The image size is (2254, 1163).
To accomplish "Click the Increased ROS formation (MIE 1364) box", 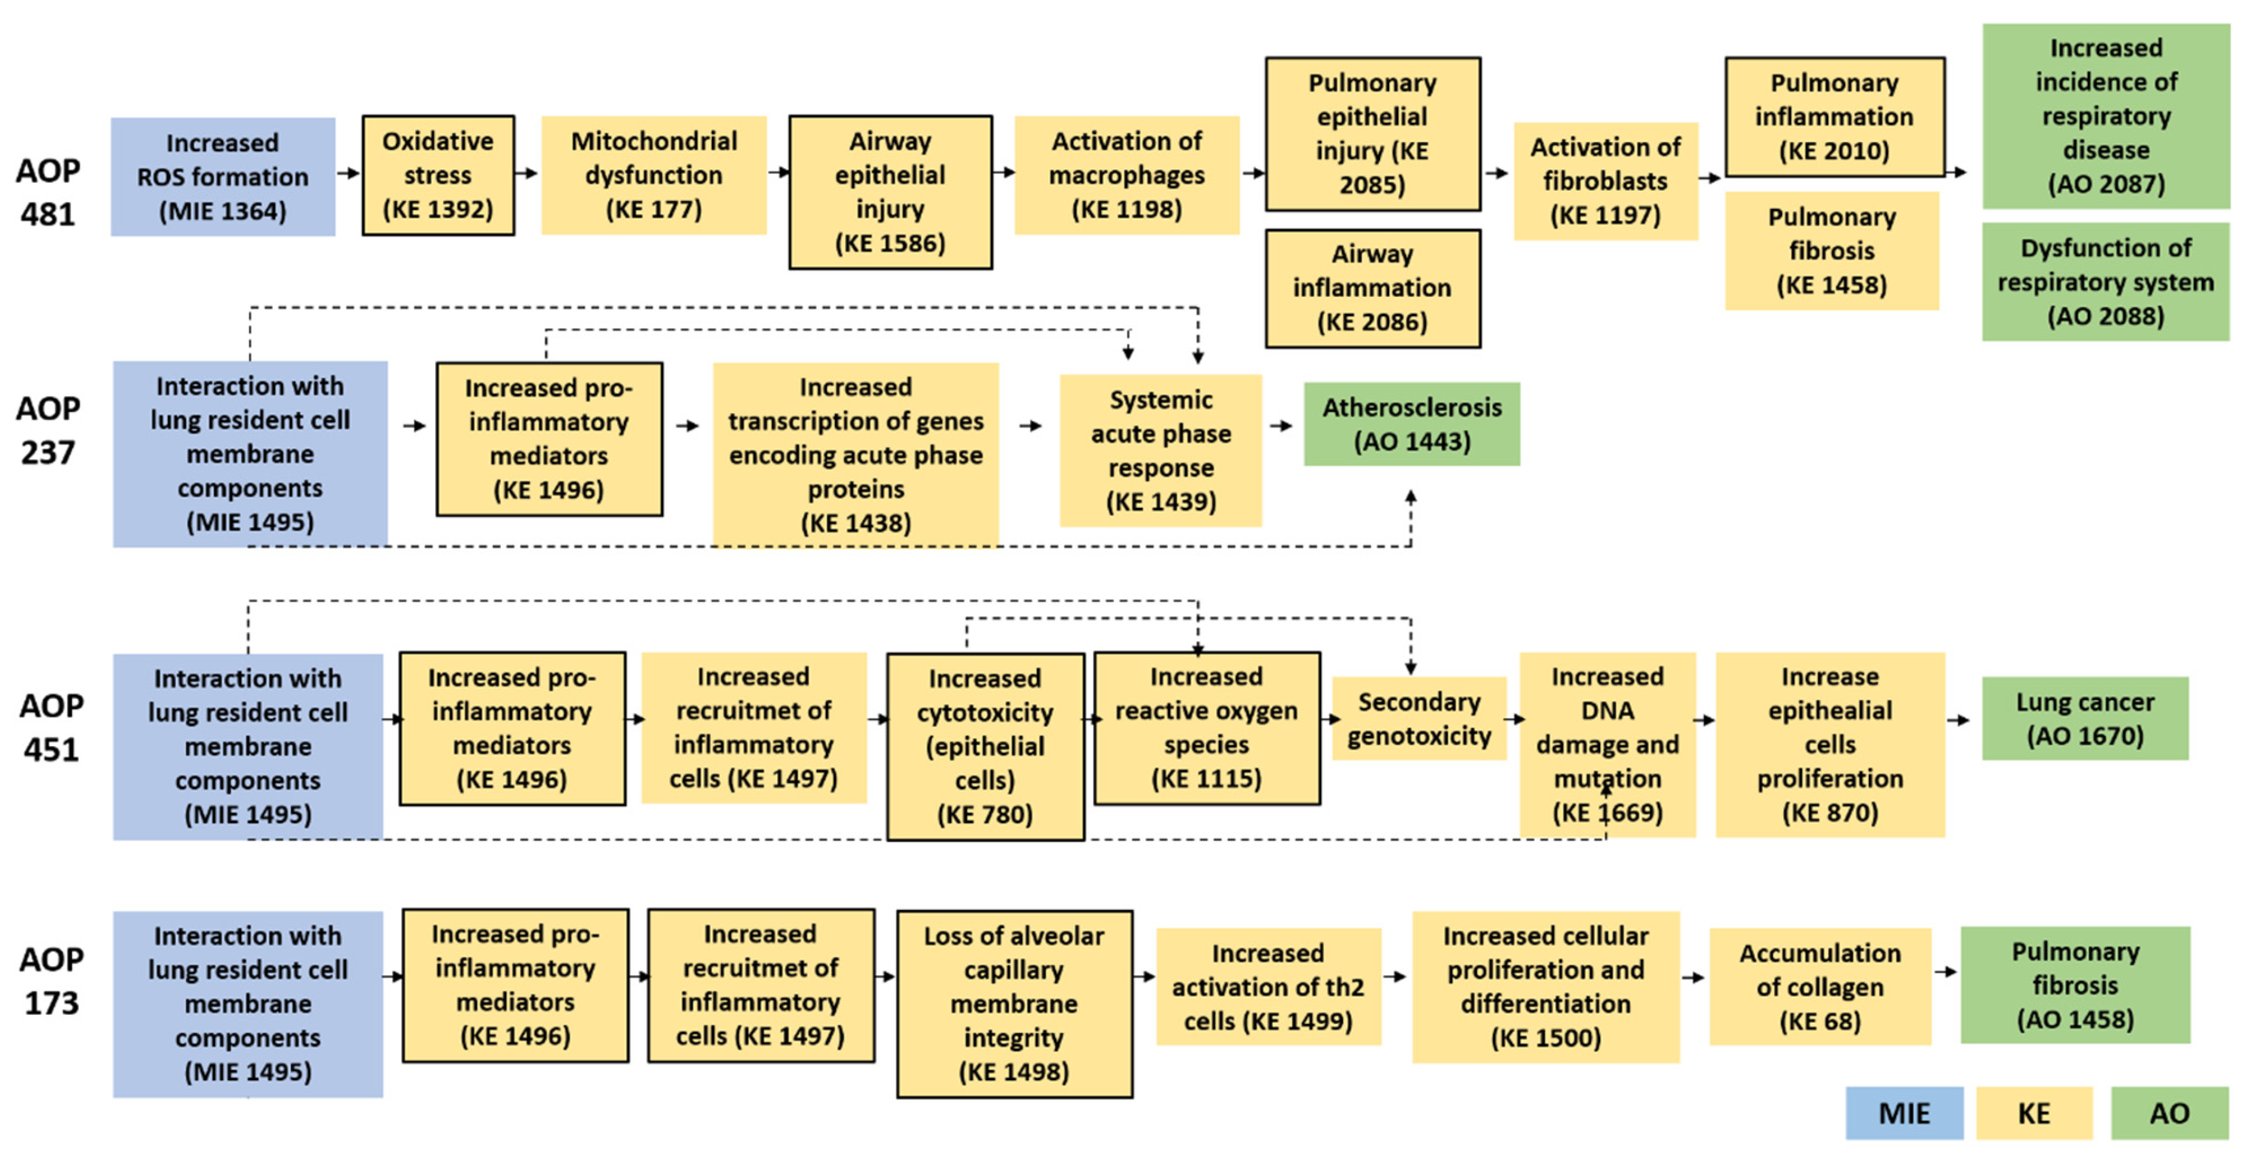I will pyautogui.click(x=223, y=177).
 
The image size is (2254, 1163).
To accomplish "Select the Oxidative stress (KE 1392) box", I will pyautogui.click(x=437, y=175).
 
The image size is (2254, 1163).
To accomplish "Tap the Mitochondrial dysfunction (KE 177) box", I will pyautogui.click(x=654, y=175).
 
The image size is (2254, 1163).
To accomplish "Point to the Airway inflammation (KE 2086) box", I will pyautogui.click(x=1372, y=288).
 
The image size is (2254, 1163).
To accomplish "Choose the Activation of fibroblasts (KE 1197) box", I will pyautogui.click(x=1606, y=181).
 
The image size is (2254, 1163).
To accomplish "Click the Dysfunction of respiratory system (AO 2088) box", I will pyautogui.click(x=2105, y=282).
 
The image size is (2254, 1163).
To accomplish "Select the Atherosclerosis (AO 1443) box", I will pyautogui.click(x=1411, y=425).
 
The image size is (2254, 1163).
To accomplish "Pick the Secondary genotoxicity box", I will pyautogui.click(x=1418, y=719).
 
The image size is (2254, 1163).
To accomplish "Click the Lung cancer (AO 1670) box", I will pyautogui.click(x=2084, y=719).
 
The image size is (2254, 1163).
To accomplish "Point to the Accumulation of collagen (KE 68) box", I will pyautogui.click(x=1820, y=986).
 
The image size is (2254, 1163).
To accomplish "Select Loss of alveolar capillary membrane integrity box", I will pyautogui.click(x=1014, y=1003).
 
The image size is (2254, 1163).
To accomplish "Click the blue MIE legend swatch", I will pyautogui.click(x=1904, y=1113).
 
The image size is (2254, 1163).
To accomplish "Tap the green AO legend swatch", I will pyautogui.click(x=2169, y=1113).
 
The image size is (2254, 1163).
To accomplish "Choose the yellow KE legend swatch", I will pyautogui.click(x=2033, y=1113).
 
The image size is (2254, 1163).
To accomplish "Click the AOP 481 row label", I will pyautogui.click(x=48, y=192).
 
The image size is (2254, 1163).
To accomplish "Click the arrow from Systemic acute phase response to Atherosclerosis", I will pyautogui.click(x=1281, y=426).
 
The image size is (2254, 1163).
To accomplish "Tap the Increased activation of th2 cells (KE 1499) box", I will pyautogui.click(x=1268, y=986).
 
